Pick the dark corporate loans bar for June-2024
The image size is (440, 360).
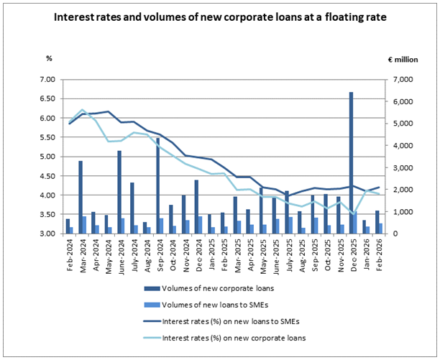pyautogui.click(x=119, y=192)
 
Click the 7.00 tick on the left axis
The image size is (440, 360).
pyautogui.click(x=46, y=80)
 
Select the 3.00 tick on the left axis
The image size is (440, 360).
pyautogui.click(x=46, y=234)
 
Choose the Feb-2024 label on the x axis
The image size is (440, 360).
pyautogui.click(x=68, y=252)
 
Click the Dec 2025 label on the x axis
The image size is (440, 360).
pyautogui.click(x=353, y=252)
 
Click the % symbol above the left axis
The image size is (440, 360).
pyautogui.click(x=49, y=57)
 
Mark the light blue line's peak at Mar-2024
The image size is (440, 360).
pyautogui.click(x=83, y=110)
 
